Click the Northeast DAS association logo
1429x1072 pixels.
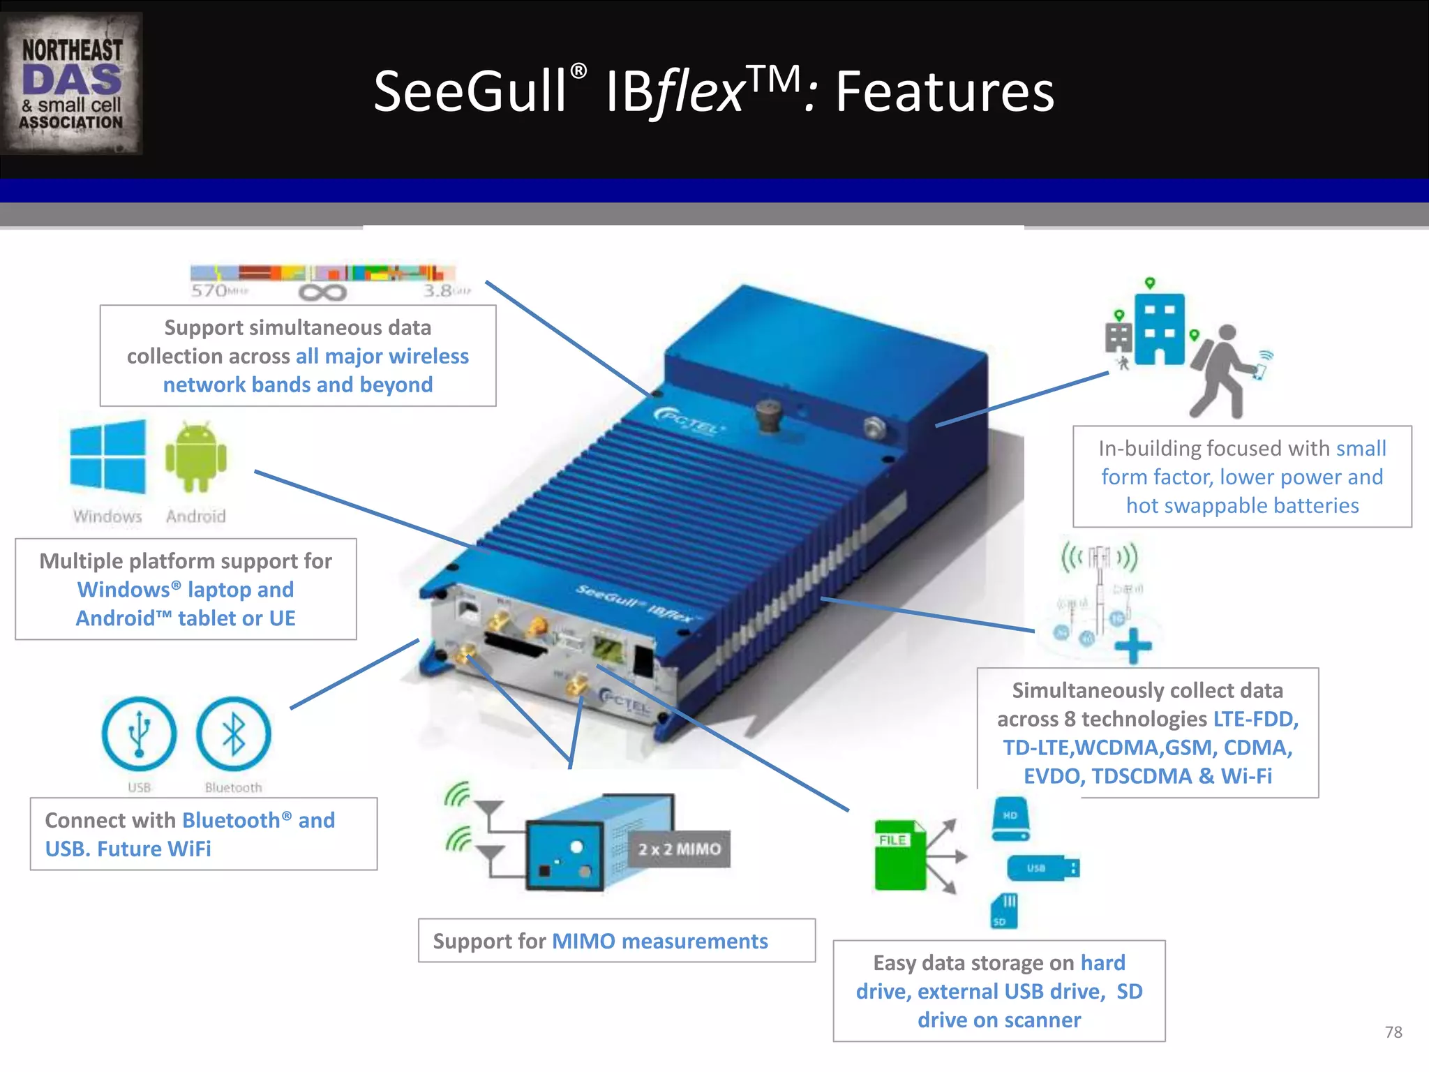click(71, 84)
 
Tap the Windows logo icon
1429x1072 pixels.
click(108, 457)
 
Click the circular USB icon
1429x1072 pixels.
click(139, 734)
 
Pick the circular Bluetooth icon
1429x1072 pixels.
click(233, 734)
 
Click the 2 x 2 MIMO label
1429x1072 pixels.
click(679, 849)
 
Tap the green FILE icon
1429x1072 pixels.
click(900, 855)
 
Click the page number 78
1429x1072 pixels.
click(1393, 1032)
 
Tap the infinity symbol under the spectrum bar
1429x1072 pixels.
click(322, 292)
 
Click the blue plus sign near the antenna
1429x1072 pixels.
click(1133, 646)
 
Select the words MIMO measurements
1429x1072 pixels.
click(659, 941)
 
